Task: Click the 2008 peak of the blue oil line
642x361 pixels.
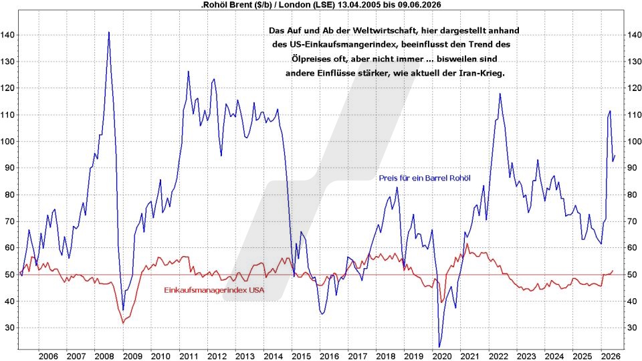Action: coord(108,32)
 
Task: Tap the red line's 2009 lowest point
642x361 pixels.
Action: coord(123,324)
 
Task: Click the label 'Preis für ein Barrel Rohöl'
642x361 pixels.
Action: coord(425,178)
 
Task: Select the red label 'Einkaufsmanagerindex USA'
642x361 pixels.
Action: coord(214,290)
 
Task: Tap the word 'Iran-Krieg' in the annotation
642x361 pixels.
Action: coord(484,74)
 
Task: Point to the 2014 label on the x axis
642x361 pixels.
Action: coord(273,356)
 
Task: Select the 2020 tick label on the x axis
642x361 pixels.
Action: coord(442,356)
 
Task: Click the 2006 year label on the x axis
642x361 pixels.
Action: coord(48,356)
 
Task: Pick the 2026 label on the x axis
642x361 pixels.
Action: coord(611,356)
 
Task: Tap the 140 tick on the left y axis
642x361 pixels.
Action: coord(7,35)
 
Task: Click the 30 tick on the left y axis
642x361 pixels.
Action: coord(9,328)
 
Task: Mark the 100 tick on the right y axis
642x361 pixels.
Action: coord(634,142)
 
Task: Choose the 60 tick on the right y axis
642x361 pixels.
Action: coord(632,248)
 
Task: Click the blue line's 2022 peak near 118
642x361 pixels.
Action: coord(500,94)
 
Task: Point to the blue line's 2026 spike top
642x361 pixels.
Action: coord(610,111)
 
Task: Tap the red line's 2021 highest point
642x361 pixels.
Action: coord(467,244)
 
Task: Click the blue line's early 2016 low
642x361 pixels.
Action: coord(322,314)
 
